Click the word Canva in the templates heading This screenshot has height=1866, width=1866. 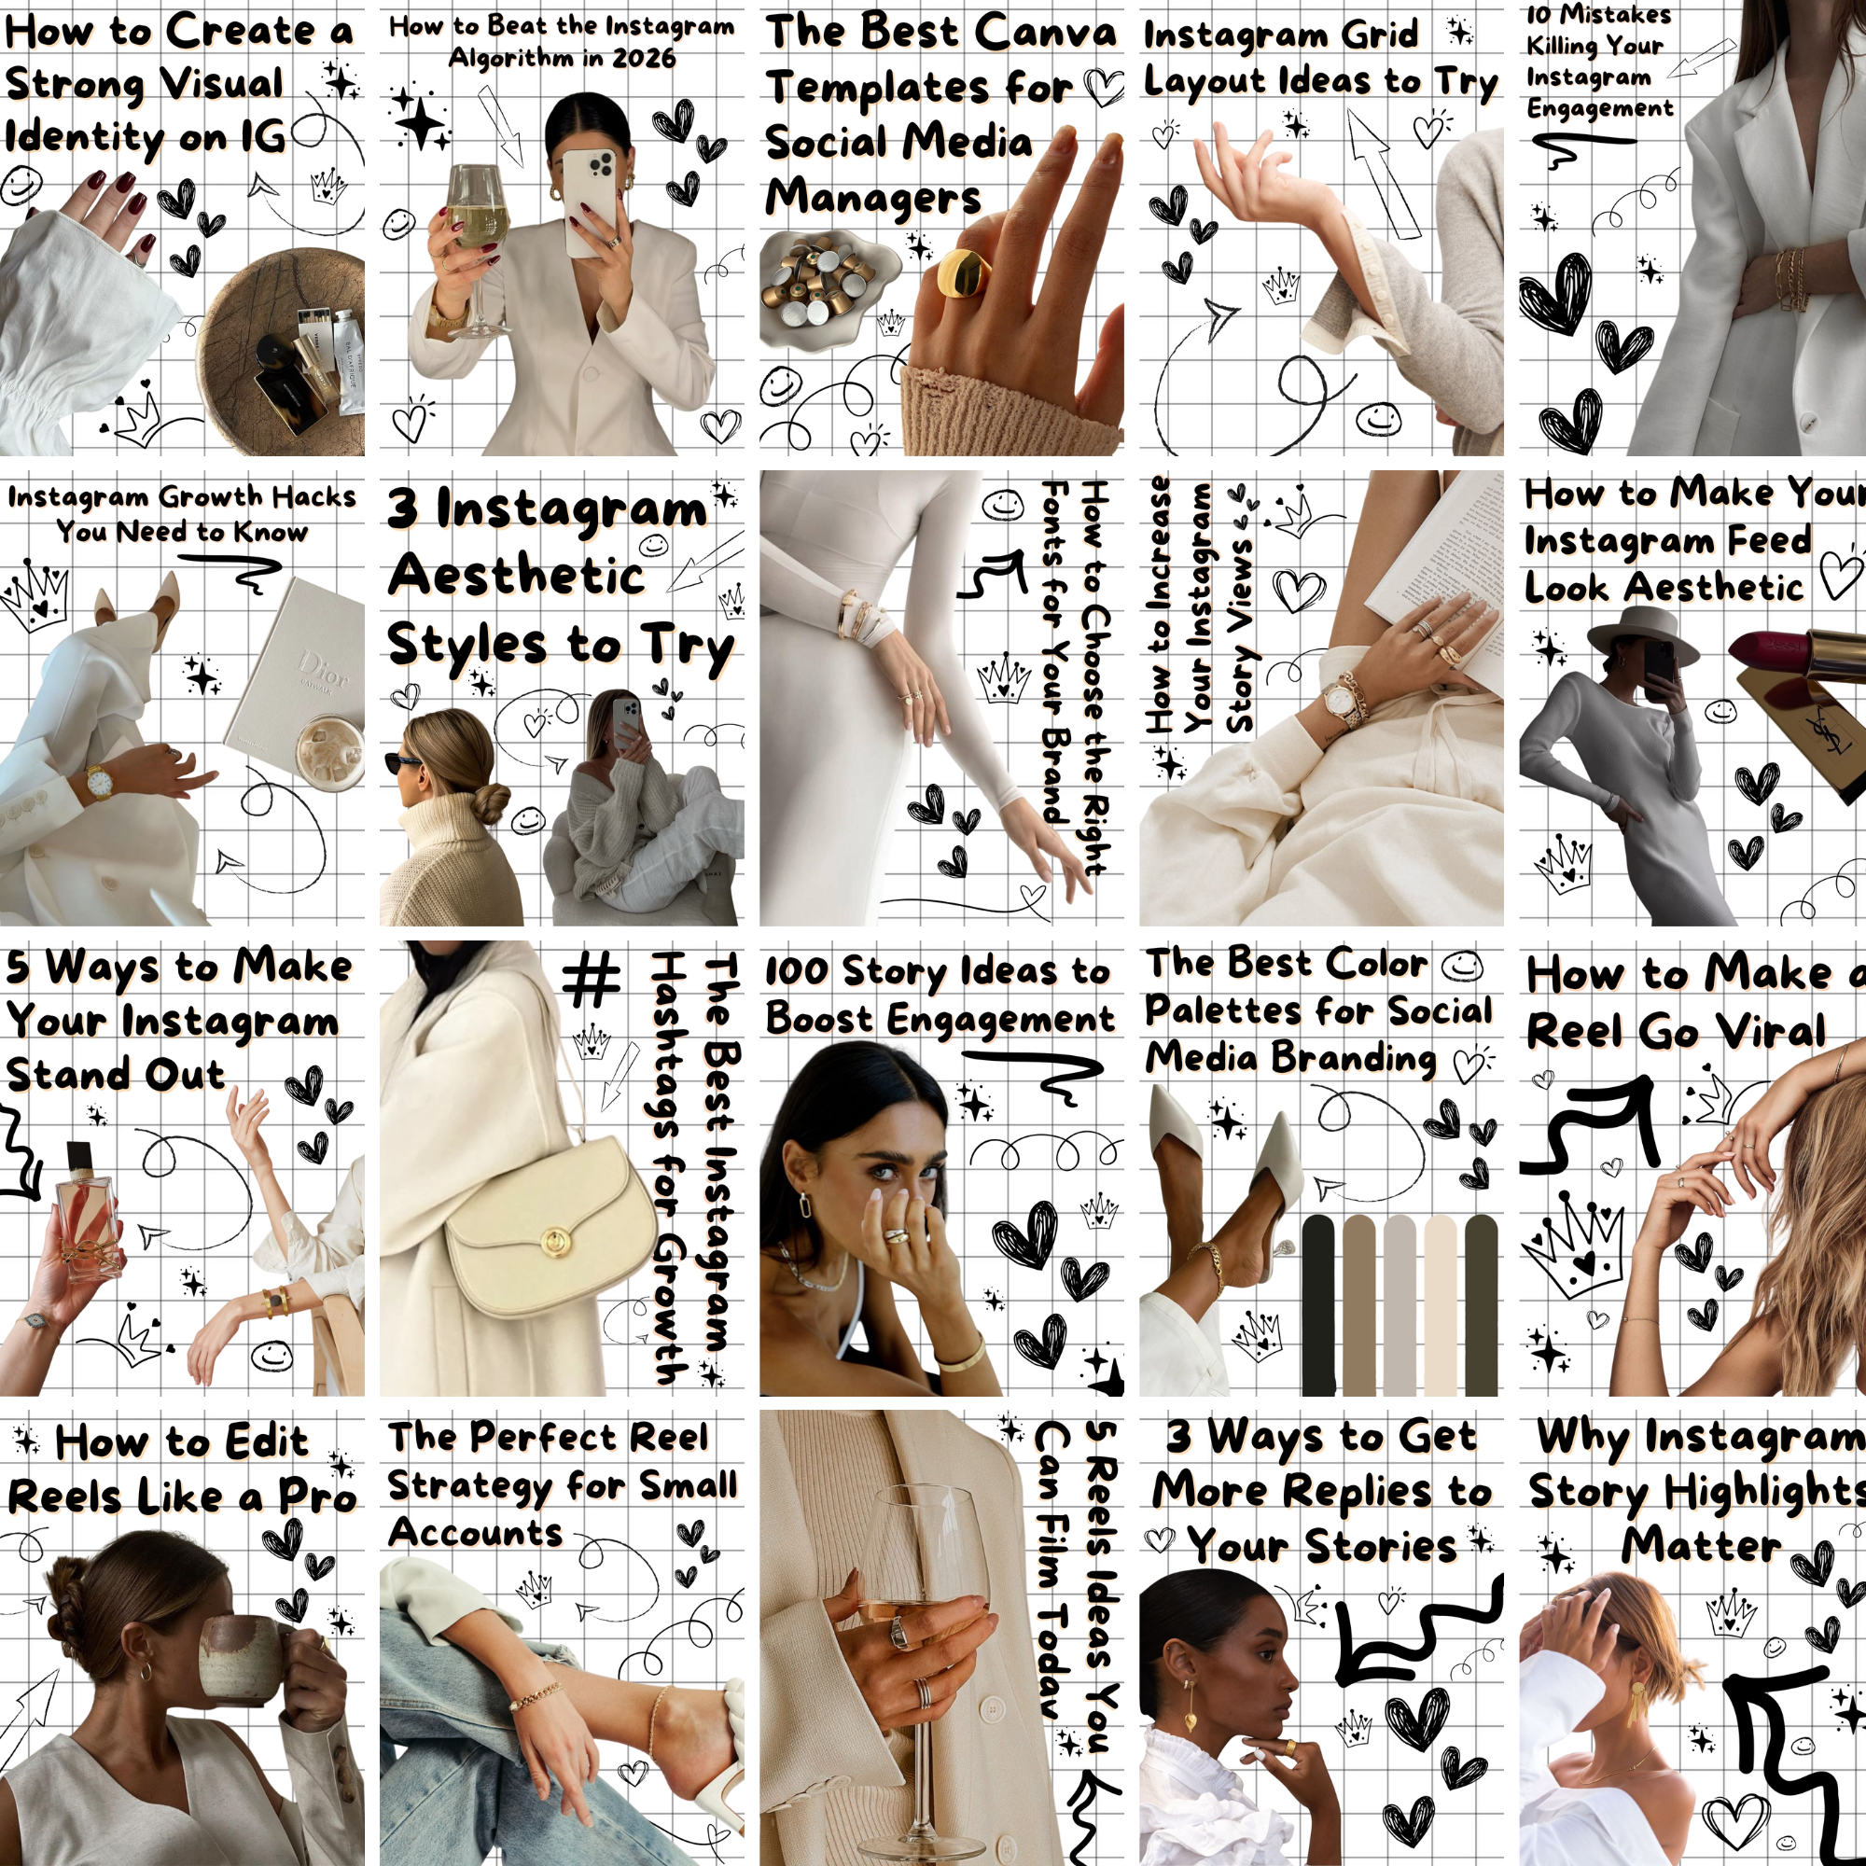point(1045,31)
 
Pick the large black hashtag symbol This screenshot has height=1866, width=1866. point(592,978)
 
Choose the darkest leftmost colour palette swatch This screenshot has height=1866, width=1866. point(1317,1305)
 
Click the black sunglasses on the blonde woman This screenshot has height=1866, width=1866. point(405,763)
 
